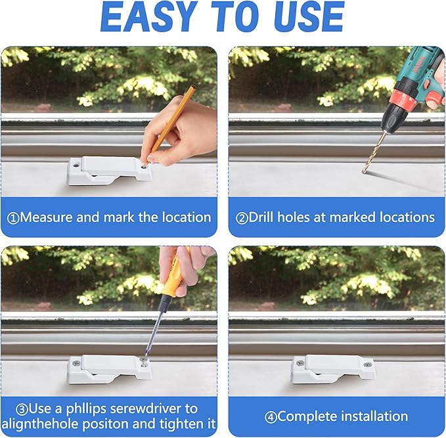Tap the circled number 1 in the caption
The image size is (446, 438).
tap(13, 218)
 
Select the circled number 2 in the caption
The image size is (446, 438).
tap(242, 218)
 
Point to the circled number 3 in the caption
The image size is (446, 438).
tap(22, 410)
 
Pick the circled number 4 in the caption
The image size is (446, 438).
tap(271, 417)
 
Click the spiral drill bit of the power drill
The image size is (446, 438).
tap(374, 152)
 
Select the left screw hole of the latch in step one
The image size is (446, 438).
tap(76, 165)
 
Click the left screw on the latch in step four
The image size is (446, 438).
tap(300, 363)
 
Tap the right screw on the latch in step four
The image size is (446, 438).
tap(367, 364)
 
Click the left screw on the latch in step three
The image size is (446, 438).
tap(76, 363)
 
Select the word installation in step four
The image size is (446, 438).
tap(374, 416)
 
